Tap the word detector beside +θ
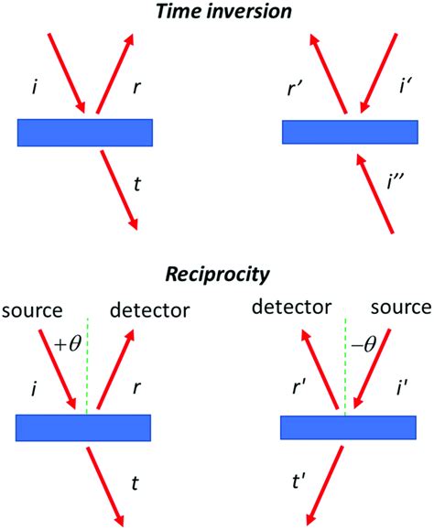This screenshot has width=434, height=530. (149, 311)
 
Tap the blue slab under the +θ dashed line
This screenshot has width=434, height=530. (83, 427)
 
